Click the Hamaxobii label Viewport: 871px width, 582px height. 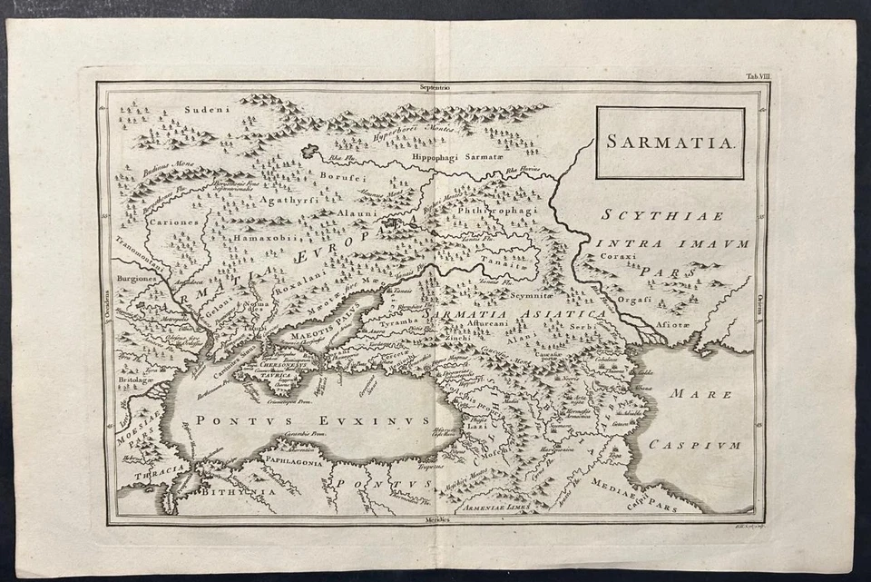pos(264,237)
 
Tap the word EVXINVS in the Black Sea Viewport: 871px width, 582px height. pos(380,420)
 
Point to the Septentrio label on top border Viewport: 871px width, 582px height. pos(435,88)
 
